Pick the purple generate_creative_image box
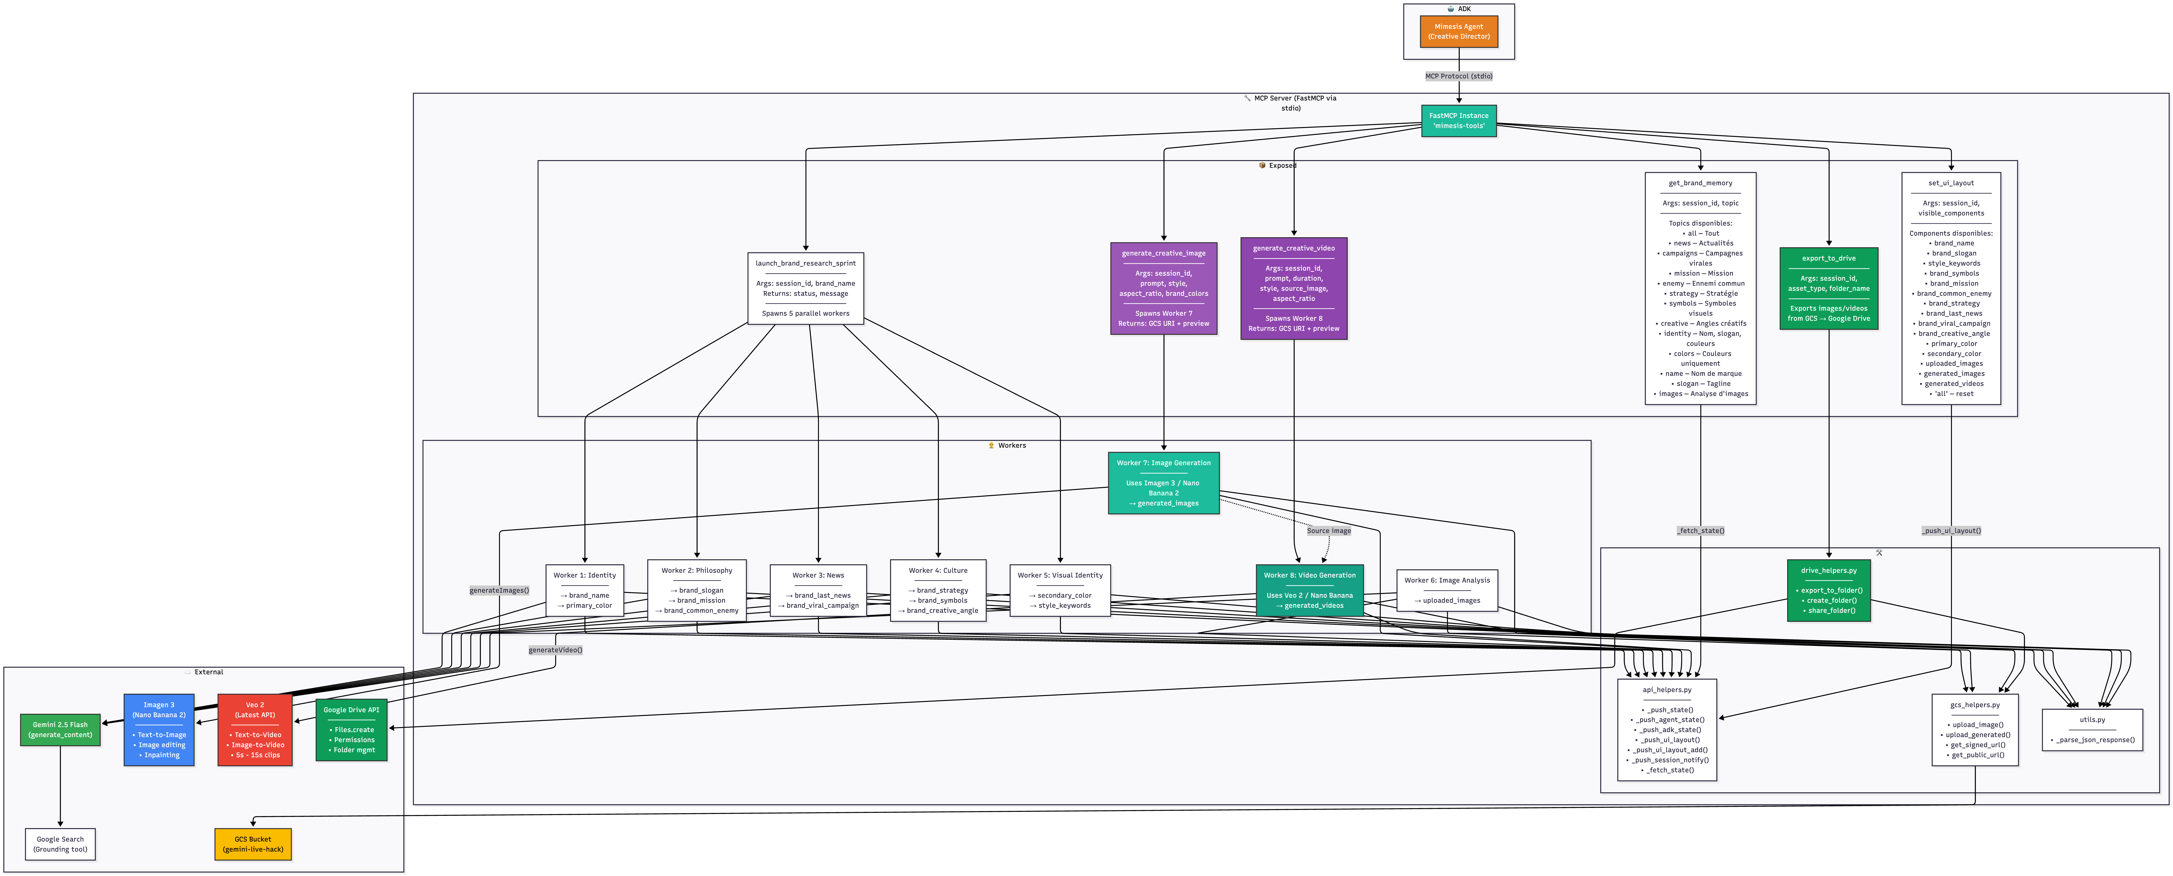coord(1163,288)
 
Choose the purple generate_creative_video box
coord(1293,288)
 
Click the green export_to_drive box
coord(1828,288)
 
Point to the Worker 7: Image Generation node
coord(1163,483)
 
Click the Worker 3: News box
coord(818,590)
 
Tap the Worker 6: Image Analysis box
coord(1447,590)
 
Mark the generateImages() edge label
coord(499,590)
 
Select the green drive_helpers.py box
coord(1828,590)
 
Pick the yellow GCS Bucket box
coord(253,844)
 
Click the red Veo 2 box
coord(255,729)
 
